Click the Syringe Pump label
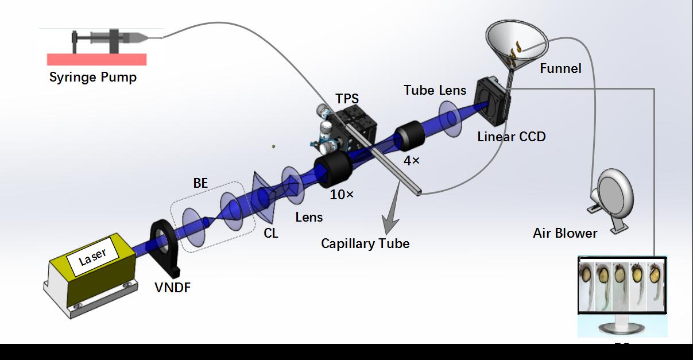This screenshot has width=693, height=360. [x=92, y=77]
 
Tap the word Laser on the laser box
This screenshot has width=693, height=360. [x=93, y=256]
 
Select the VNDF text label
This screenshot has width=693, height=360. [x=172, y=288]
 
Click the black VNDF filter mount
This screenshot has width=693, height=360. [x=165, y=247]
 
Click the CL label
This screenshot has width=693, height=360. [x=271, y=233]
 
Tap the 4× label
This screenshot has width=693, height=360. [x=411, y=161]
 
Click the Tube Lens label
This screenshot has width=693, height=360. [x=435, y=90]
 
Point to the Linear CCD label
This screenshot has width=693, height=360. [x=512, y=137]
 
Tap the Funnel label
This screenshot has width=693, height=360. [x=560, y=69]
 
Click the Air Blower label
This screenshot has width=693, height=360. [x=565, y=233]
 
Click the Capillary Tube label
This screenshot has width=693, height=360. [x=365, y=243]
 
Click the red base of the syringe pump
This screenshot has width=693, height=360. [x=96, y=59]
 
